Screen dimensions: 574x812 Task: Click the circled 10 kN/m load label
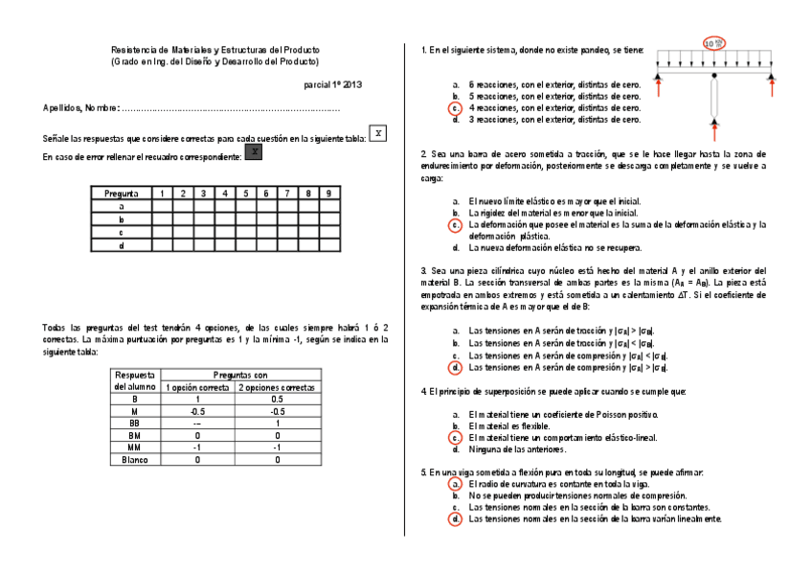point(714,43)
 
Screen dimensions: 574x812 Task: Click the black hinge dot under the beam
point(714,75)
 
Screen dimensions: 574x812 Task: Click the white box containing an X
point(378,133)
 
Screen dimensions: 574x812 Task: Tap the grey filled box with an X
point(254,152)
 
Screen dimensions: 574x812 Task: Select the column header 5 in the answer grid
point(245,194)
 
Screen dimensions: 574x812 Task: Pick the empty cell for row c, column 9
point(328,233)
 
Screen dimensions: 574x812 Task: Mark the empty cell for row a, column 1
point(161,206)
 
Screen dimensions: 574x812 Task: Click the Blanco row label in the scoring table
point(134,461)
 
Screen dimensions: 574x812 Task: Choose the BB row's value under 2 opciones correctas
point(278,424)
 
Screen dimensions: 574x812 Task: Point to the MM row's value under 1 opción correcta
point(196,448)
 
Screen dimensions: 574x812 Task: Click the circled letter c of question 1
point(456,109)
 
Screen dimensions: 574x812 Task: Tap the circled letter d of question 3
point(456,367)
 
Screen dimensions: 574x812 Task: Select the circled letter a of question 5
point(456,485)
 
